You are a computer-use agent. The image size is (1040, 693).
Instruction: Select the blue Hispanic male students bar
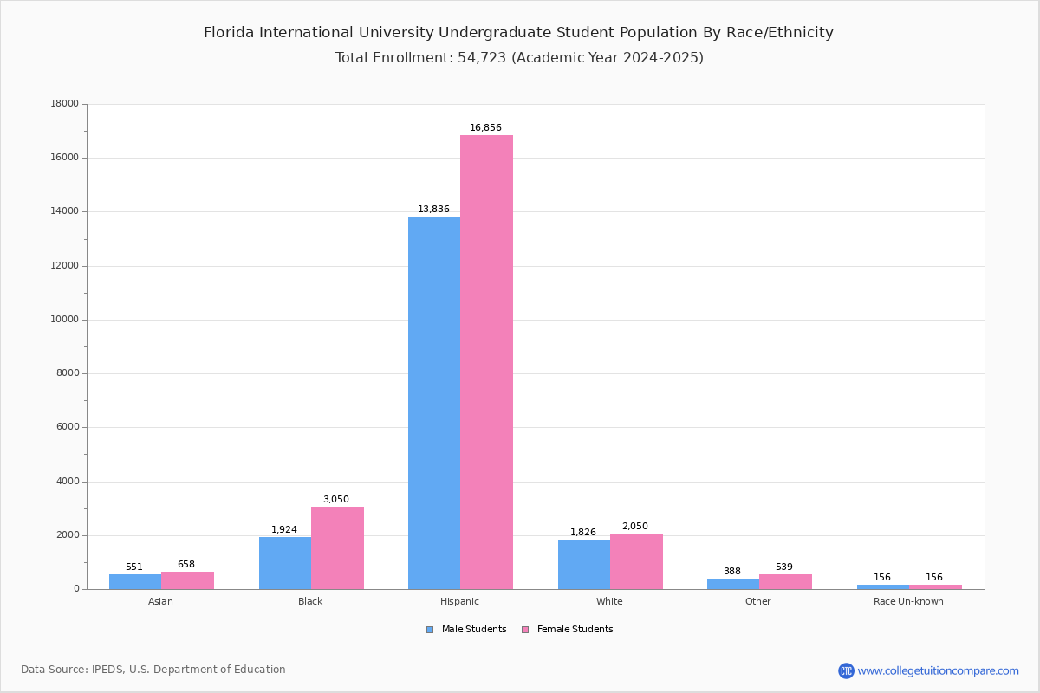tap(434, 403)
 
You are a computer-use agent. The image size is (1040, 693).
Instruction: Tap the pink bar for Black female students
tap(337, 547)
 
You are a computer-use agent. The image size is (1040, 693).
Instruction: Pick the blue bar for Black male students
tap(285, 563)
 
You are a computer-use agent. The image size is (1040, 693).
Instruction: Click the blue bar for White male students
tap(584, 564)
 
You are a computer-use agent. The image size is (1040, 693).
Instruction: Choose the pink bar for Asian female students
tap(187, 580)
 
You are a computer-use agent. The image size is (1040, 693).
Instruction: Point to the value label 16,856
tap(485, 128)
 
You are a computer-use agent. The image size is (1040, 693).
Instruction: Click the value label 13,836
tap(433, 210)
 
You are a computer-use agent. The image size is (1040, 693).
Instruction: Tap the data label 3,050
tap(336, 500)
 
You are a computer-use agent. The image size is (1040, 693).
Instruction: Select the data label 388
tap(732, 572)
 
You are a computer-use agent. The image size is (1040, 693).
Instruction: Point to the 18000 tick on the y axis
tap(65, 104)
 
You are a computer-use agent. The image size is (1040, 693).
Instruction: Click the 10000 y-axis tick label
tap(65, 320)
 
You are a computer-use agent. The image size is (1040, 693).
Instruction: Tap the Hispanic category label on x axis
tap(459, 602)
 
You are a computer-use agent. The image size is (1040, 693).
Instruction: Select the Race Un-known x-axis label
tap(908, 602)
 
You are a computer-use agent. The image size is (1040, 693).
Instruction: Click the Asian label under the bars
tap(160, 602)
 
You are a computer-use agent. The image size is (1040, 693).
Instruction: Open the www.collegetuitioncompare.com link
tap(938, 670)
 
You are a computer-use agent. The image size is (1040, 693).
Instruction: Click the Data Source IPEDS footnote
tap(153, 670)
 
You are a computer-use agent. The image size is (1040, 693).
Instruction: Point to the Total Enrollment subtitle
tap(519, 58)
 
